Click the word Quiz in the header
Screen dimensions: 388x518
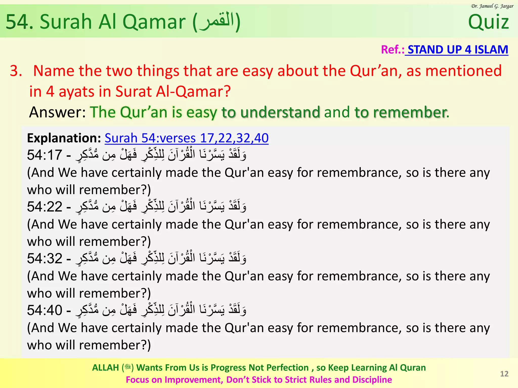click(488, 22)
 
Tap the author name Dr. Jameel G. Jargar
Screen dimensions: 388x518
click(492, 6)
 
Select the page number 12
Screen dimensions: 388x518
click(504, 374)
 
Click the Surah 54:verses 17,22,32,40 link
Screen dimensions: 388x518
click(186, 138)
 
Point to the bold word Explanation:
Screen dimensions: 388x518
click(64, 138)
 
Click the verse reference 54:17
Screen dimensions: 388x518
click(45, 155)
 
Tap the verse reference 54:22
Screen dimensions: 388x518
click(45, 207)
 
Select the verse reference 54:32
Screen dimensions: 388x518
click(45, 258)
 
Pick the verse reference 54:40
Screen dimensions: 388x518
click(45, 310)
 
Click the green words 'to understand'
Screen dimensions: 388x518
click(271, 112)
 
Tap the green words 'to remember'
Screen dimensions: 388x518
click(400, 112)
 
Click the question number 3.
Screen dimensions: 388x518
click(16, 71)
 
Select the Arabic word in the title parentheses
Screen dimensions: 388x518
click(217, 21)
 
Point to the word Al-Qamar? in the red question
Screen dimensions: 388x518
click(193, 91)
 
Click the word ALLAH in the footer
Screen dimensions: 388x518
click(105, 368)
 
